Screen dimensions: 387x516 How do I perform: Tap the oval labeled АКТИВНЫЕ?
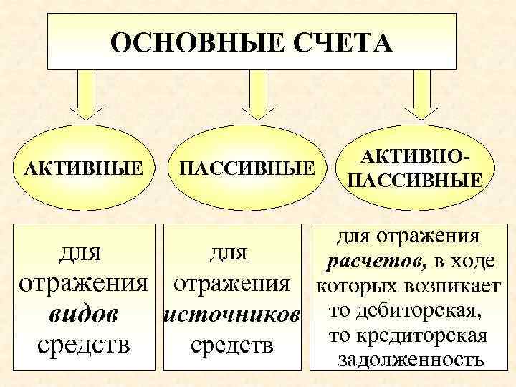tap(82, 168)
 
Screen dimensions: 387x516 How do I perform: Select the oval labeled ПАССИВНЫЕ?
tap(247, 168)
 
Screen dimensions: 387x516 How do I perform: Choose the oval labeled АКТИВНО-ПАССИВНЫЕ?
tap(414, 168)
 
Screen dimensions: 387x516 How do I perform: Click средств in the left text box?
tap(83, 345)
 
